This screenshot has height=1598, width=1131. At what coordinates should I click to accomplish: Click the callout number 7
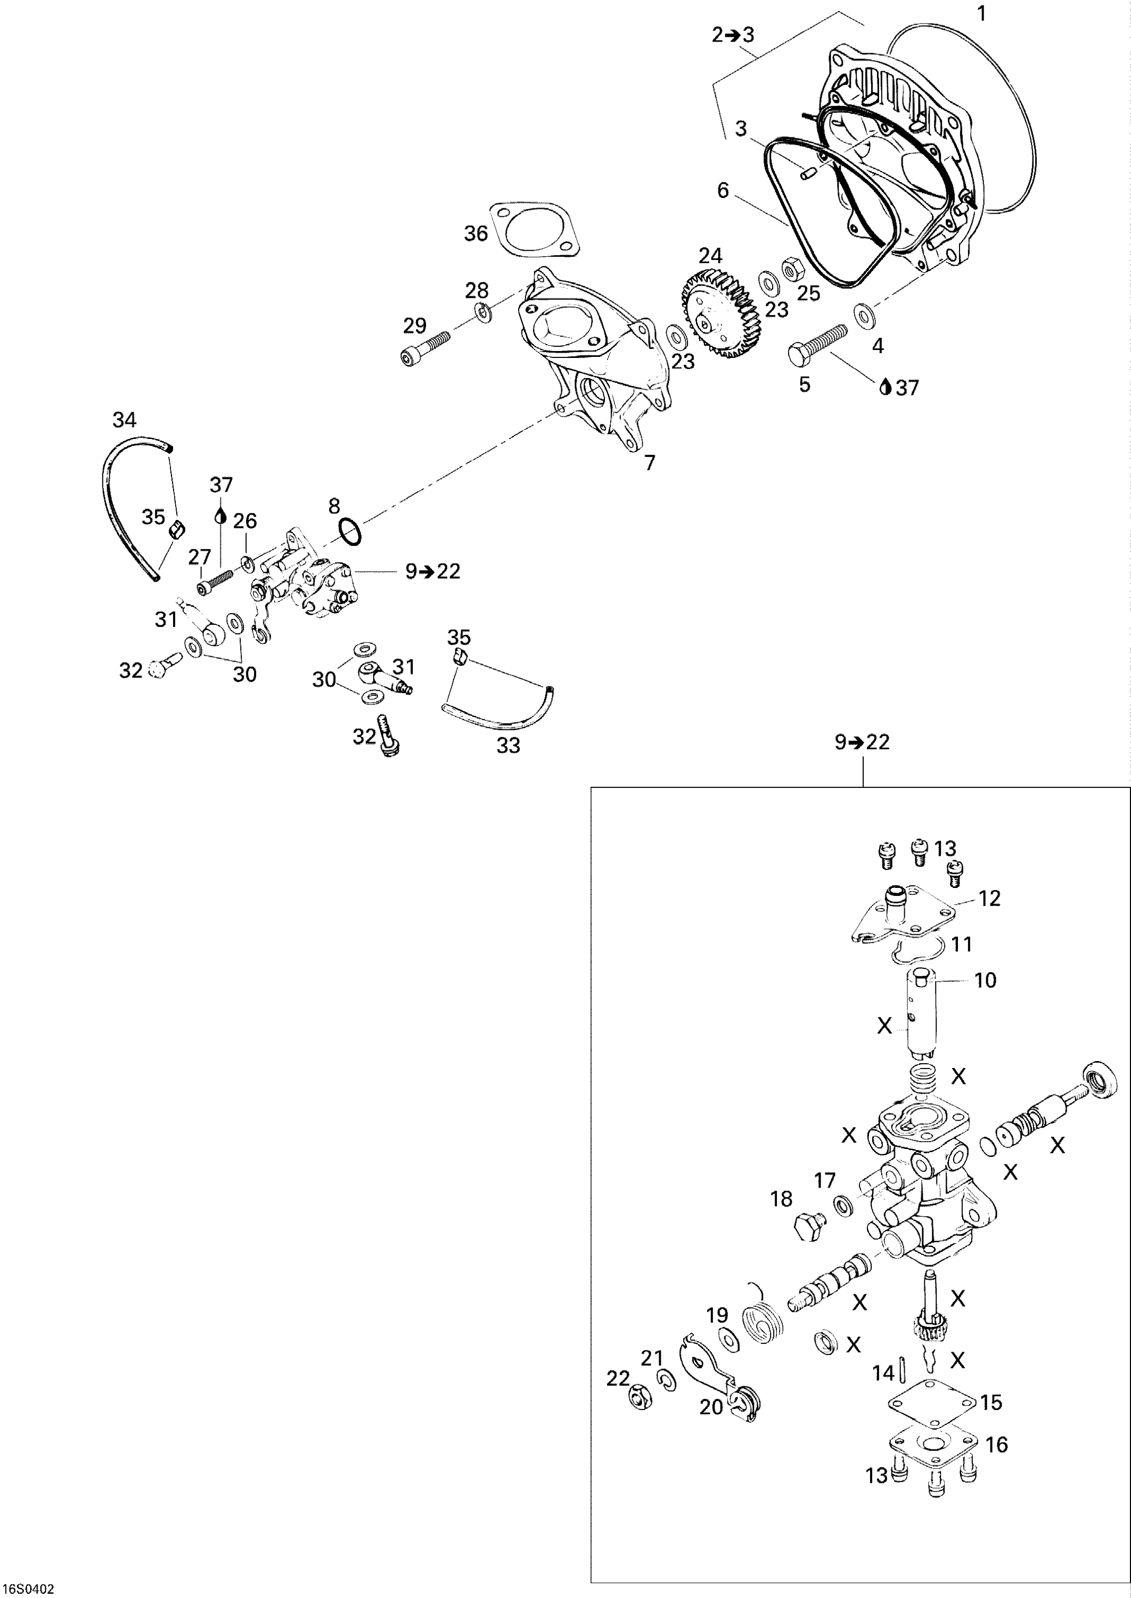point(650,462)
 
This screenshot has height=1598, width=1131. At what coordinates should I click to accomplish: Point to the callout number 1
point(981,13)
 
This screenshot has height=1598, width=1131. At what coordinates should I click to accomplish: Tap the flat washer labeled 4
point(864,316)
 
